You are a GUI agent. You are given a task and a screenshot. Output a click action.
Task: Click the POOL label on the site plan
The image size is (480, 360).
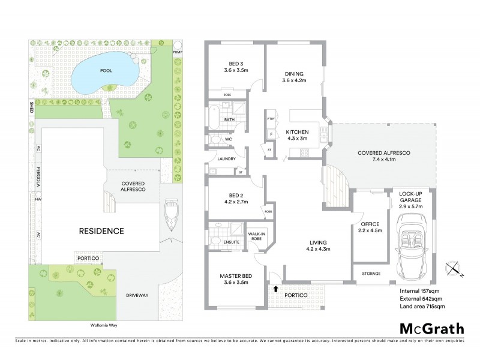coord(106,70)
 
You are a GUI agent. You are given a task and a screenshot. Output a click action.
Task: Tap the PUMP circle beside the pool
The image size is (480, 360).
coord(178,47)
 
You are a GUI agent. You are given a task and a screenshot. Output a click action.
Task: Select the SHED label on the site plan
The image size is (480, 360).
coord(31,107)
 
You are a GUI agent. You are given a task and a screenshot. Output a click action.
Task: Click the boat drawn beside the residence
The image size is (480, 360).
coord(170,217)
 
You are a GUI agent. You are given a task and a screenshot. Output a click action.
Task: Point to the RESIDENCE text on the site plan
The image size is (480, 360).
coord(102,230)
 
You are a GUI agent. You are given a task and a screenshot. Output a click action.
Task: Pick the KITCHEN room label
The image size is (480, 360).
coord(296,135)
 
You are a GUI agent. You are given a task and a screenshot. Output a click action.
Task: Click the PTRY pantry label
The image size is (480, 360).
coord(271,119)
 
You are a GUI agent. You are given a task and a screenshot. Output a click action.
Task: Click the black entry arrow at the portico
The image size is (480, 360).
coord(275,289)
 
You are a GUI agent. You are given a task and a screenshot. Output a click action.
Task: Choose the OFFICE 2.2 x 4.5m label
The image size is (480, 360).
coord(371,226)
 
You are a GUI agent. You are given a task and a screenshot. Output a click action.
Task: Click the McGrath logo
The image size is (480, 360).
coord(431,328)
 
